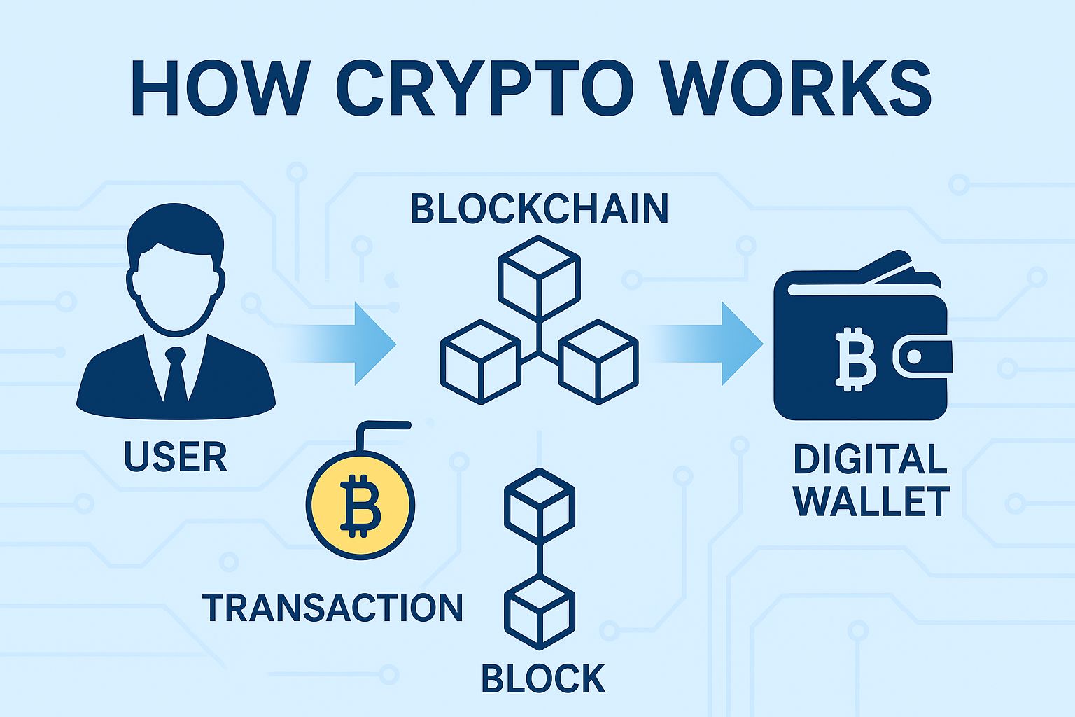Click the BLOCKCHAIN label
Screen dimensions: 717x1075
click(x=539, y=209)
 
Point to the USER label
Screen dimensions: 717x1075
click(x=176, y=457)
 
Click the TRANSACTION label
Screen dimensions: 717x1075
click(x=332, y=607)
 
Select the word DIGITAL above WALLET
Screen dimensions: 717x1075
click(x=870, y=460)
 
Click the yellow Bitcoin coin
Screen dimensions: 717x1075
click(x=360, y=504)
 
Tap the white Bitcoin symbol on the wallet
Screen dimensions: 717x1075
click(x=855, y=358)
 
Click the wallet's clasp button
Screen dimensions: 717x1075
click(x=914, y=358)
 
